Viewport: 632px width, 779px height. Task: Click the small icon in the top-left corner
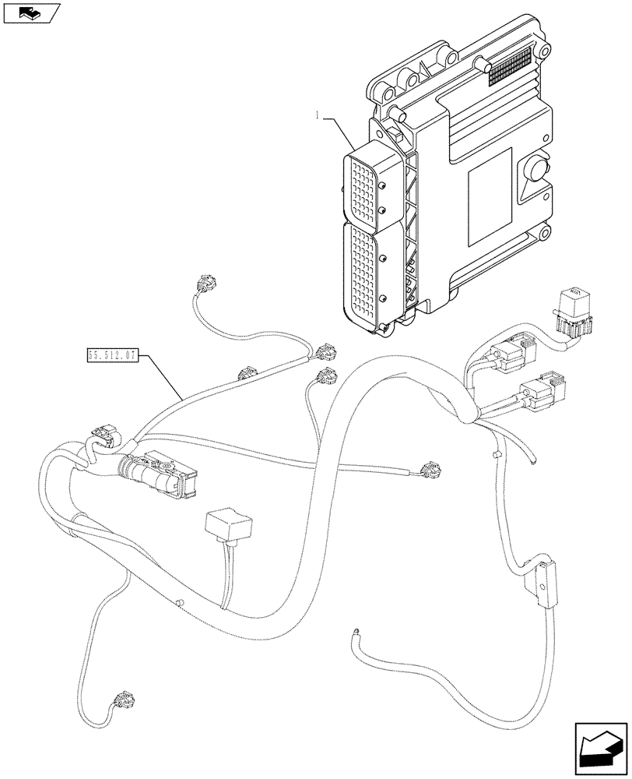(30, 12)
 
